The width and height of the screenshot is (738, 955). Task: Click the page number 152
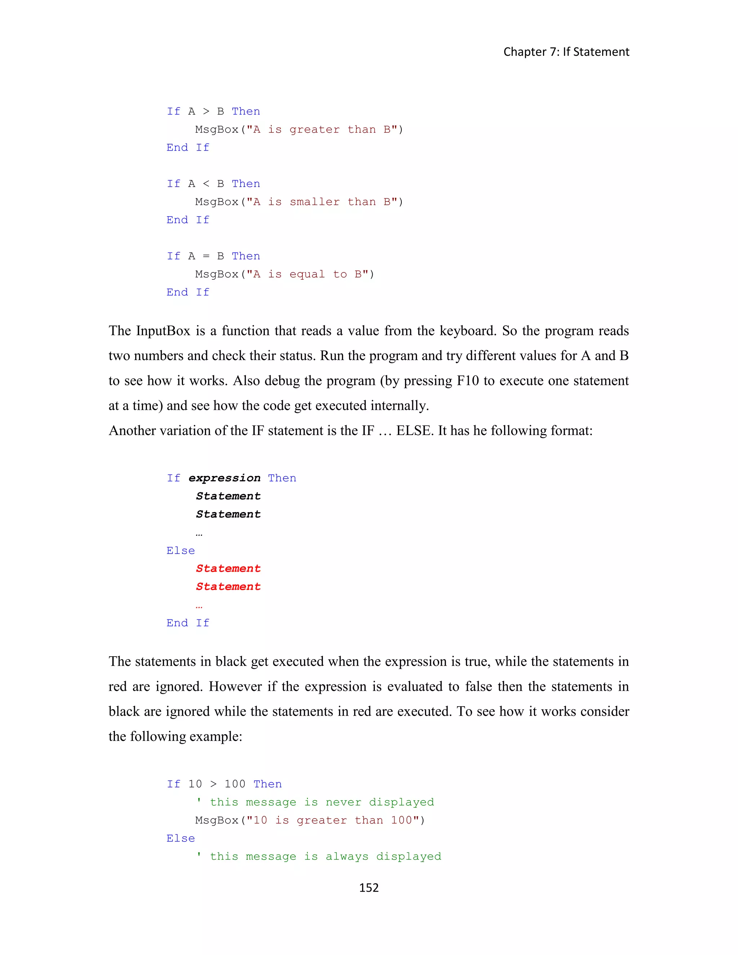369,887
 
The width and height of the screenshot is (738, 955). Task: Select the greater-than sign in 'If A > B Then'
206,111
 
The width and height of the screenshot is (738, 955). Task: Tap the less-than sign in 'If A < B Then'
206,184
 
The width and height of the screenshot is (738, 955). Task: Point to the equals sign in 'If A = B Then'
206,256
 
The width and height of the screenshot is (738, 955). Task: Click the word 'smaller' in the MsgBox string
314,202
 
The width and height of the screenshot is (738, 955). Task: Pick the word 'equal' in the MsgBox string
307,275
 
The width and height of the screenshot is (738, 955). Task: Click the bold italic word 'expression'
224,478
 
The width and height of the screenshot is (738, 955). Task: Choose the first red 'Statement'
228,568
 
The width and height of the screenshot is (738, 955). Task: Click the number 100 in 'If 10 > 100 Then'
235,784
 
